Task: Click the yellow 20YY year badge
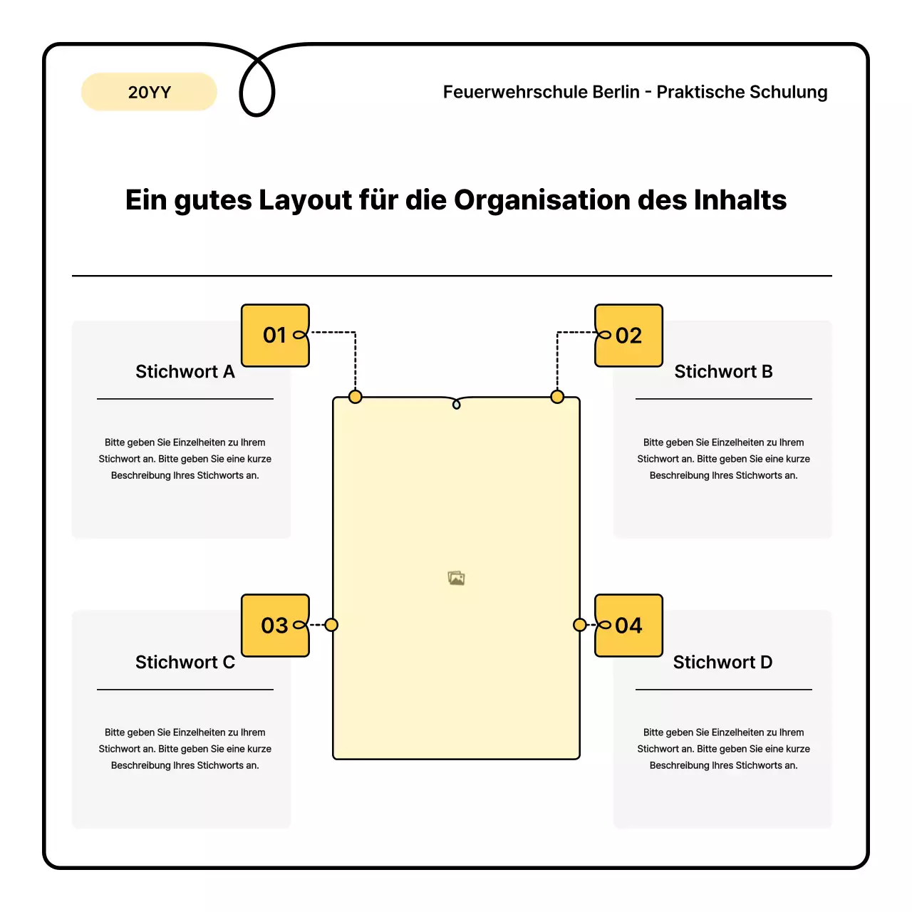149,92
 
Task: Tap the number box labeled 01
275,336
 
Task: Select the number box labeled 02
628,336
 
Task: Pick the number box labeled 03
275,626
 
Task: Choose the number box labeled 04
628,626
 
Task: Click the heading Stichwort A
185,372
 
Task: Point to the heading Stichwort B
723,372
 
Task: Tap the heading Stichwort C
185,663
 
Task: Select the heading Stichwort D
722,663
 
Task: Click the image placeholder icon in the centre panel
456,578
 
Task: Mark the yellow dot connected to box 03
331,625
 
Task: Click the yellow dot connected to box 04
580,625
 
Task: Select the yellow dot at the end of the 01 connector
355,397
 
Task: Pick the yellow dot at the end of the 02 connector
557,397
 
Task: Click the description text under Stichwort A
185,459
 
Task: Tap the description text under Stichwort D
723,749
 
